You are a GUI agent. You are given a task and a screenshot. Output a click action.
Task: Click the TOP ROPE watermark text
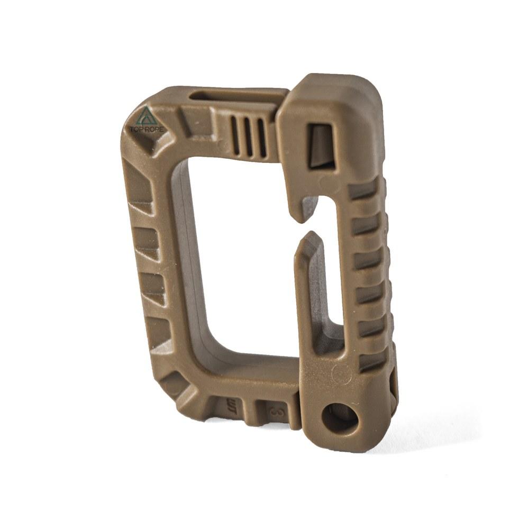coord(147,129)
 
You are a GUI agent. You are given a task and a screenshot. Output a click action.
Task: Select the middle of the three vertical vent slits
coord(248,137)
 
